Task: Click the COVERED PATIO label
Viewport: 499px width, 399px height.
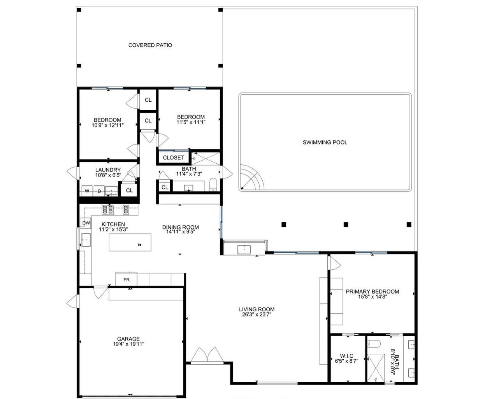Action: point(150,45)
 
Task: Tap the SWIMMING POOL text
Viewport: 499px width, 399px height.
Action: point(325,143)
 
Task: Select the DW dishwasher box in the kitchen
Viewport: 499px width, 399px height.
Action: point(86,223)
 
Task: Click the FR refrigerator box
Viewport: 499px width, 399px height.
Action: point(126,280)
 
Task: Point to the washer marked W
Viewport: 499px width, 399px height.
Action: point(87,191)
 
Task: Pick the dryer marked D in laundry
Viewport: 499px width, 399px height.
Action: point(99,191)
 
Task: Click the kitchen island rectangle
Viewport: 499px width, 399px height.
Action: point(130,242)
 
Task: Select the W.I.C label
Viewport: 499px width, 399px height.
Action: point(346,356)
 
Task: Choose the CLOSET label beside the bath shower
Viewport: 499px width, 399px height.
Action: point(173,158)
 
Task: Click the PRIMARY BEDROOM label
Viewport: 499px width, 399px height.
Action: point(372,291)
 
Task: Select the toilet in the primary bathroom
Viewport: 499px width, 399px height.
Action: point(374,344)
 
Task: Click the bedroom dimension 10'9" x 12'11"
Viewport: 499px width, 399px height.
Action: point(107,125)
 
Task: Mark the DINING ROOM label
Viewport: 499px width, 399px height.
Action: point(180,227)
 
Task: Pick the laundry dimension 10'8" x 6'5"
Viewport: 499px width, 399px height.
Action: point(108,175)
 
